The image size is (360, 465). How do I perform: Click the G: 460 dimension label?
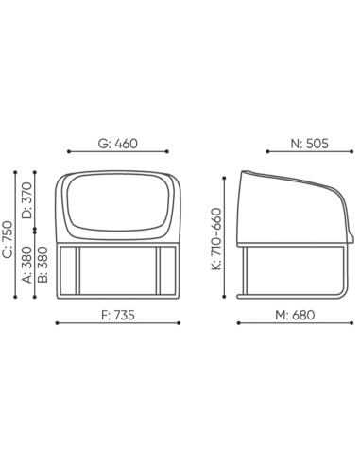coord(118,145)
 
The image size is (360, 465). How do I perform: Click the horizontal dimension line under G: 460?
coord(118,155)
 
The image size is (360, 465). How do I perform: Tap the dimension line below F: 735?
coord(118,324)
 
